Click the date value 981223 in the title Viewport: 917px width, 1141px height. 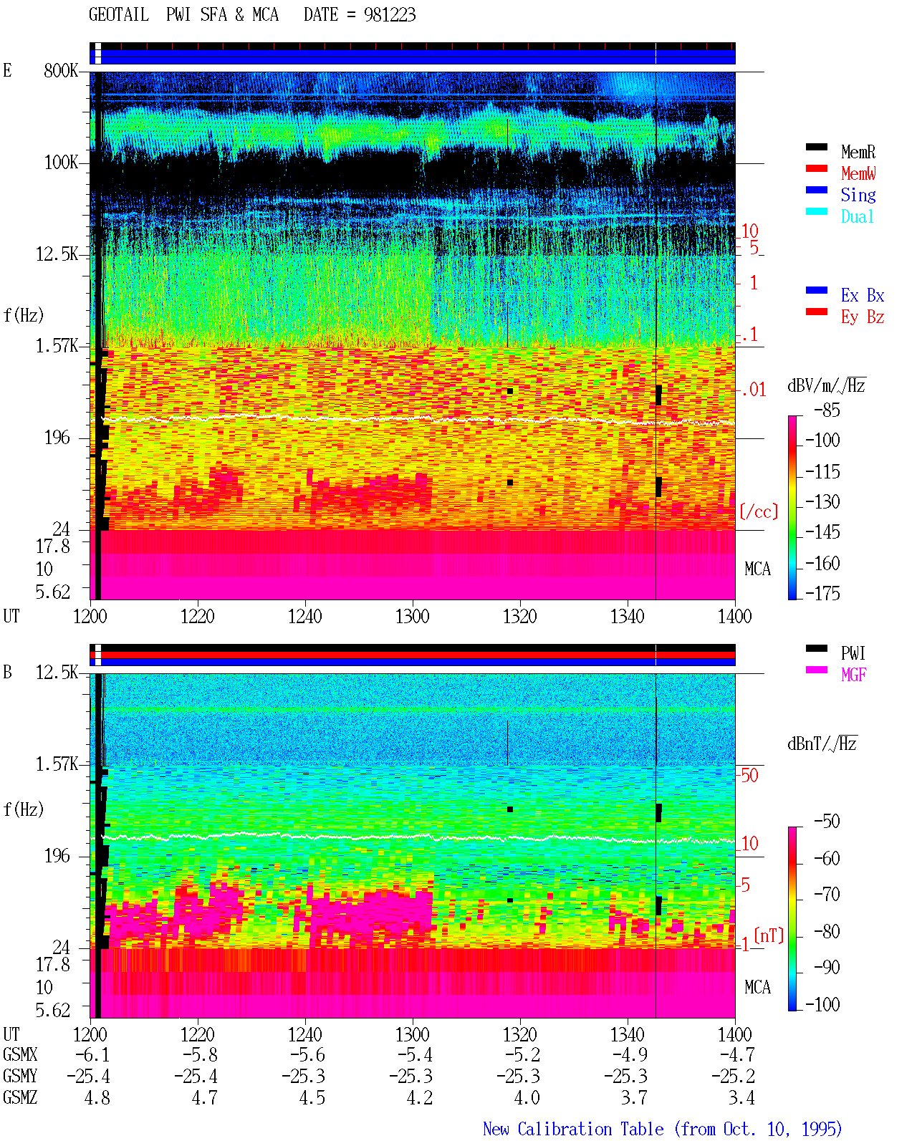pos(389,15)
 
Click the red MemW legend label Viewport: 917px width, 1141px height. pos(858,173)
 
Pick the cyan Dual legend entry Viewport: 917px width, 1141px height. pos(857,216)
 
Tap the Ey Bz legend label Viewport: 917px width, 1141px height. pos(862,317)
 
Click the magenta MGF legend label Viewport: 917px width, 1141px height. pos(853,675)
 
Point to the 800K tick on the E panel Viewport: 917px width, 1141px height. pos(61,70)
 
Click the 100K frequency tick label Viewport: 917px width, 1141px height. pos(61,163)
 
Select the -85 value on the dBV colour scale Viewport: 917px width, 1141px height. pos(827,410)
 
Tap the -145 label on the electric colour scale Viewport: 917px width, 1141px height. pos(822,531)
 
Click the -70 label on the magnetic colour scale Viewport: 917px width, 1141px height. pos(827,895)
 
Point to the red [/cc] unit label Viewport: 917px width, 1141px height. pos(759,511)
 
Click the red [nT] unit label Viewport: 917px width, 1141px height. pos(769,935)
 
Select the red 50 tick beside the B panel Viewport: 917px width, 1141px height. pos(749,775)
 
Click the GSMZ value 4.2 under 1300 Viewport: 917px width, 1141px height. pos(419,1097)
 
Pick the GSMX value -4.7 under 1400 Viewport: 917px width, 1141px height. pos(736,1055)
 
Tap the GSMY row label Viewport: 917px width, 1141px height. pos(20,1077)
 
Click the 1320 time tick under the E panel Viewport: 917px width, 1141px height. pos(520,617)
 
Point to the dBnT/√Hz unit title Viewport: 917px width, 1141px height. pos(822,744)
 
